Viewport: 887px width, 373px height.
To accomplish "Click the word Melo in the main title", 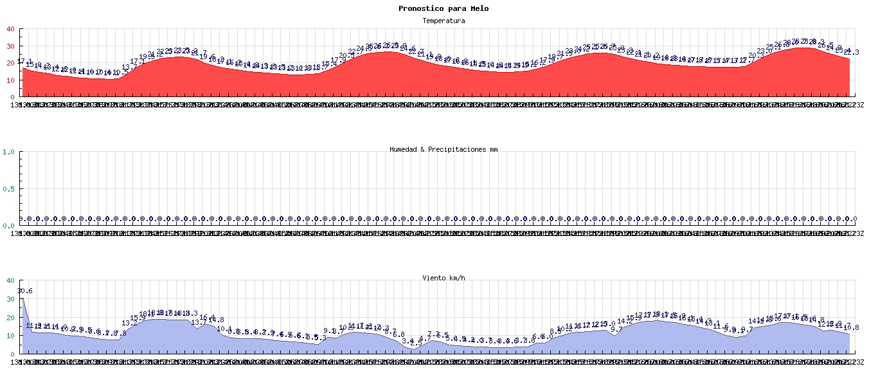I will [x=479, y=8].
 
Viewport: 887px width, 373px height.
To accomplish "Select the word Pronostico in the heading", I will [x=418, y=8].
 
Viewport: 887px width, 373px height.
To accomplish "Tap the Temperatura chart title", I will [x=443, y=21].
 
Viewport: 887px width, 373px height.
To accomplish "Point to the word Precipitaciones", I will [x=458, y=149].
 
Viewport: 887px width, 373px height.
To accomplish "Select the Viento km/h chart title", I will [x=443, y=278].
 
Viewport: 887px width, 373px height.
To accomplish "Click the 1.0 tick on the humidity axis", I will [x=8, y=152].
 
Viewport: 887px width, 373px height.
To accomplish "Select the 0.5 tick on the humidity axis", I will [x=8, y=189].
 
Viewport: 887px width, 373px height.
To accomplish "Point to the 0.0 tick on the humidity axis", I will [x=8, y=226].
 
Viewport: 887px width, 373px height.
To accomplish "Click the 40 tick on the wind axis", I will [x=10, y=280].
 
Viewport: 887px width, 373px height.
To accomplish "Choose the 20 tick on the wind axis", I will [x=10, y=317].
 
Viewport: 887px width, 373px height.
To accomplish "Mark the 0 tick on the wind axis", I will [x=12, y=354].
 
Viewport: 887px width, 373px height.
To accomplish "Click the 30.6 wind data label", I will [x=24, y=291].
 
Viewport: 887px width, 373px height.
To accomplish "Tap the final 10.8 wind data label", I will [x=852, y=328].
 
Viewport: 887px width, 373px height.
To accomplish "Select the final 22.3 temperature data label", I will [x=852, y=52].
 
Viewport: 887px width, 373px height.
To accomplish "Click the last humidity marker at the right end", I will [x=854, y=219].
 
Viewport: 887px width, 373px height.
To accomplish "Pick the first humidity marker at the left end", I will [x=20, y=219].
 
